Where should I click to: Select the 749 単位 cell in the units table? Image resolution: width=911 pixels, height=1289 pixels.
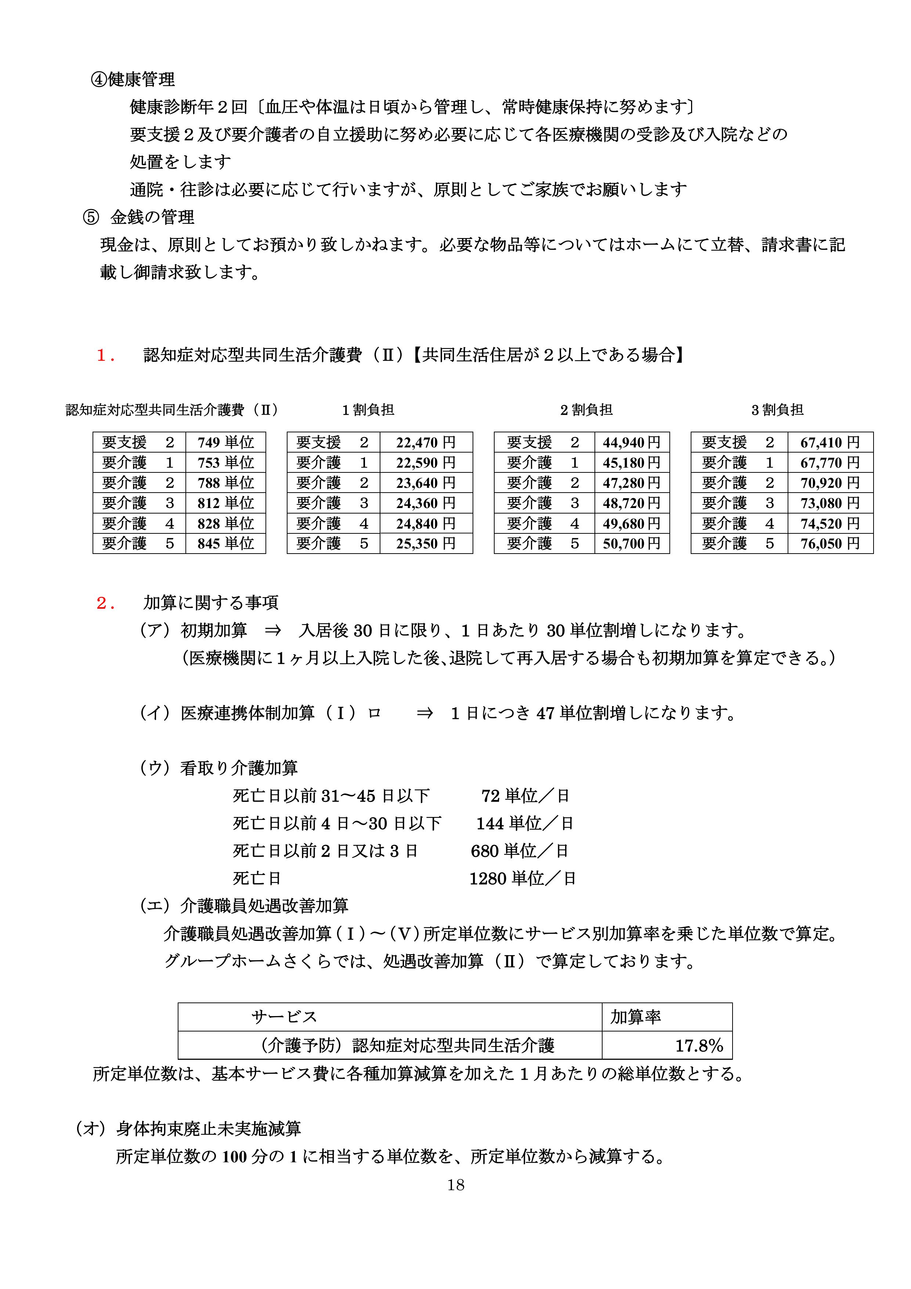point(225,442)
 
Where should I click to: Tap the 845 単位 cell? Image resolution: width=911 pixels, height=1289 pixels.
point(225,543)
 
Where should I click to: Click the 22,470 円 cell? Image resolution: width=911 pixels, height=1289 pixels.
point(426,442)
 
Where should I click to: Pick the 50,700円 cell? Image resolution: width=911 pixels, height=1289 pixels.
point(632,543)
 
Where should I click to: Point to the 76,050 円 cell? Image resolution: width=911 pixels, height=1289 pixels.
point(829,543)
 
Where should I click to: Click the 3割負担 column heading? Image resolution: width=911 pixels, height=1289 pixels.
point(777,410)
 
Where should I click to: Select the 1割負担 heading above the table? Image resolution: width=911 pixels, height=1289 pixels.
point(368,410)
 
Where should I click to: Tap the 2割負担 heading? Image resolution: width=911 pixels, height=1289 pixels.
point(586,410)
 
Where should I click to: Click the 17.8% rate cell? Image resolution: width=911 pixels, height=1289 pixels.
point(698,1046)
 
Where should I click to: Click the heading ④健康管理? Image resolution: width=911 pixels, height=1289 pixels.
point(133,80)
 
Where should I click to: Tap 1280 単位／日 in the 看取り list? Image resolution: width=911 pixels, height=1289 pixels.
point(522,879)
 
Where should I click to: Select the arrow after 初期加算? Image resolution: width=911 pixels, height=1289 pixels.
point(273,631)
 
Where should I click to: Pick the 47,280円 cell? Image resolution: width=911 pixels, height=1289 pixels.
point(632,483)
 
